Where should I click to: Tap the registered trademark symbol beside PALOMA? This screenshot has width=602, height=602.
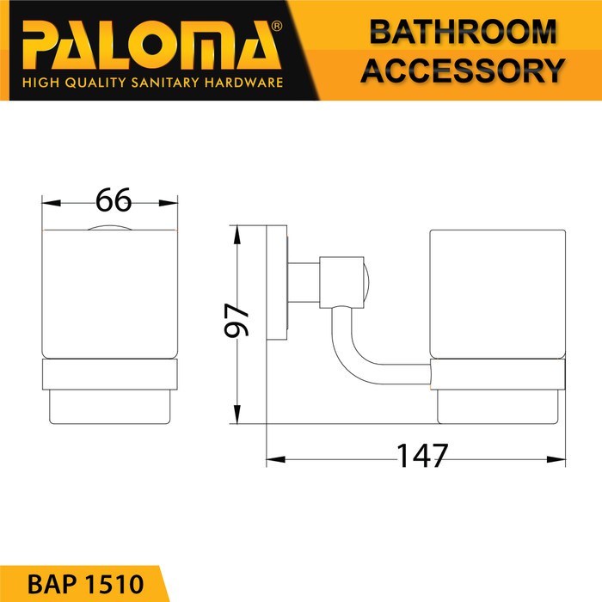(x=276, y=26)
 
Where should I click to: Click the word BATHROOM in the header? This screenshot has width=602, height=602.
(x=463, y=32)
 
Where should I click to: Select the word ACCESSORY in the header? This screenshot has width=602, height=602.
(x=463, y=71)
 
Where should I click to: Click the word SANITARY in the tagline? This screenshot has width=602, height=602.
(x=165, y=83)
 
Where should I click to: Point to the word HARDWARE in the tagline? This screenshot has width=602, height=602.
(x=243, y=83)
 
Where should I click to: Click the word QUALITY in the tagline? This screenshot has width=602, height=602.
(x=95, y=83)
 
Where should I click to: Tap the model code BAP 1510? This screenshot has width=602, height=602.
(x=86, y=584)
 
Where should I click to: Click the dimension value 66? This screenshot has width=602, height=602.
(x=114, y=200)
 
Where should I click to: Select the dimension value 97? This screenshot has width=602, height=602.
(x=236, y=320)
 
